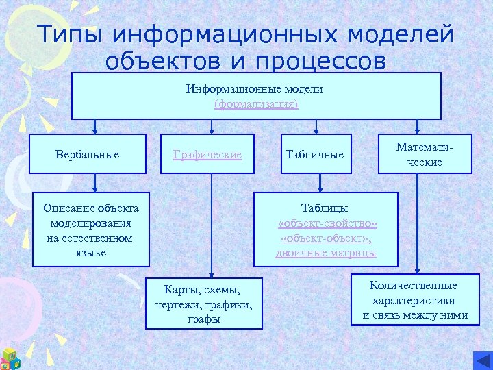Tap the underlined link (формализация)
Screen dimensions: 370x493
(256, 104)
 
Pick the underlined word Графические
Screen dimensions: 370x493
(207, 155)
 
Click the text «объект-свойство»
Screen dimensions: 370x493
(327, 223)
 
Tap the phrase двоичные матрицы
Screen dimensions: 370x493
(326, 253)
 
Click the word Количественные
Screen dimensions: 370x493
(413, 286)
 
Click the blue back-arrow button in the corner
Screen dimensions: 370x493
(482, 360)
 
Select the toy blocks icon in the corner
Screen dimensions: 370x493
(10, 358)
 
